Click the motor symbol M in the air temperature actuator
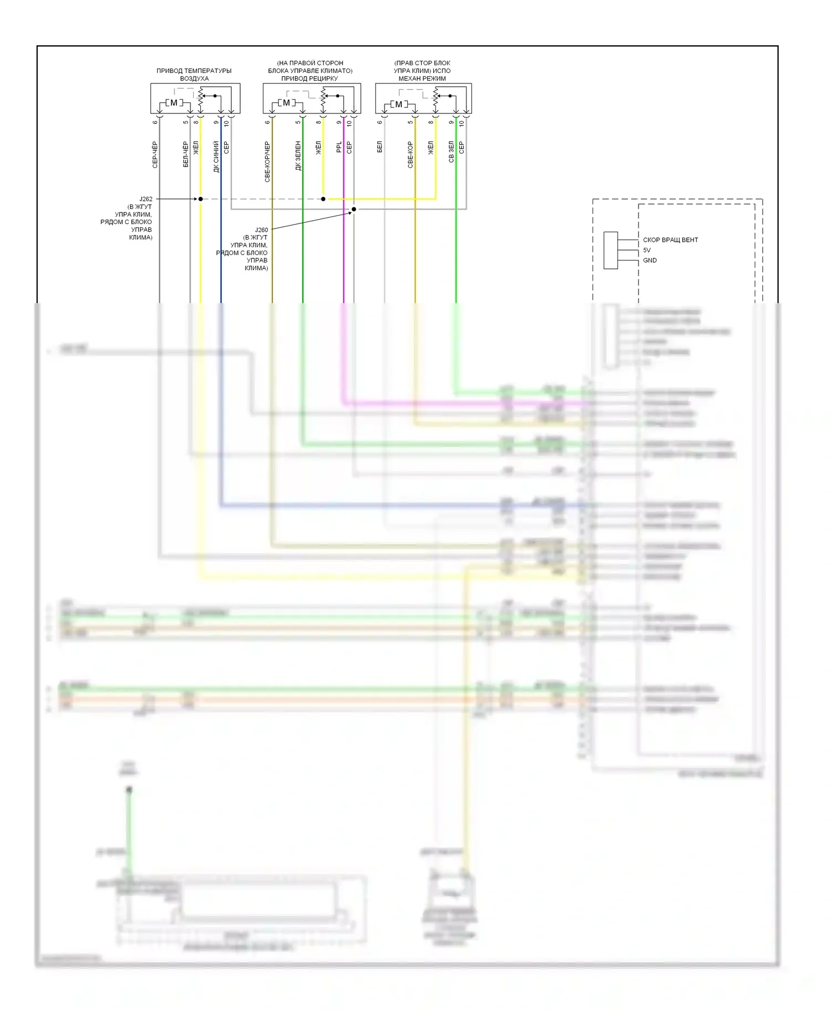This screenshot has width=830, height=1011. tap(174, 103)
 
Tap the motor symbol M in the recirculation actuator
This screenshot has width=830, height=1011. tap(286, 103)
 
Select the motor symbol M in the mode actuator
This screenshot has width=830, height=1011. tap(398, 104)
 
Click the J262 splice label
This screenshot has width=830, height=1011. tap(146, 199)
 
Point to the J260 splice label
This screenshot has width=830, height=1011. tap(261, 230)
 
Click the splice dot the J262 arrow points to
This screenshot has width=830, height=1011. tap(200, 199)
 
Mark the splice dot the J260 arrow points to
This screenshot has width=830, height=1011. tap(354, 209)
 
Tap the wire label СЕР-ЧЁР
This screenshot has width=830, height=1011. tap(155, 155)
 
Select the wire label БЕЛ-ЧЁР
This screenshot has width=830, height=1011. tap(186, 154)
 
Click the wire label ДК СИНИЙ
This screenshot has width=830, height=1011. tap(216, 157)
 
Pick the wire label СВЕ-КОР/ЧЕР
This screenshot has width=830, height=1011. tap(267, 161)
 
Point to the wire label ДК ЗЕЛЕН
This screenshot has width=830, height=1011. tap(298, 155)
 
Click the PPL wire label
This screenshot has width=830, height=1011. tap(339, 147)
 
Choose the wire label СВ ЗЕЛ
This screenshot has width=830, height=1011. tap(452, 152)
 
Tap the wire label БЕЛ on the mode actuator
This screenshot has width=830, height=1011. tap(380, 147)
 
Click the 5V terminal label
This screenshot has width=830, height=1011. tap(647, 250)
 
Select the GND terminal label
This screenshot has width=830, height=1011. tap(650, 260)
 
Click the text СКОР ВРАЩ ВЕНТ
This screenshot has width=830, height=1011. tap(670, 240)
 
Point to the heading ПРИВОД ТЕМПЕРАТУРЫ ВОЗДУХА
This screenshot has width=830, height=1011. tap(194, 75)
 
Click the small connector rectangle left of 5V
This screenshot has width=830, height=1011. tap(610, 251)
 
